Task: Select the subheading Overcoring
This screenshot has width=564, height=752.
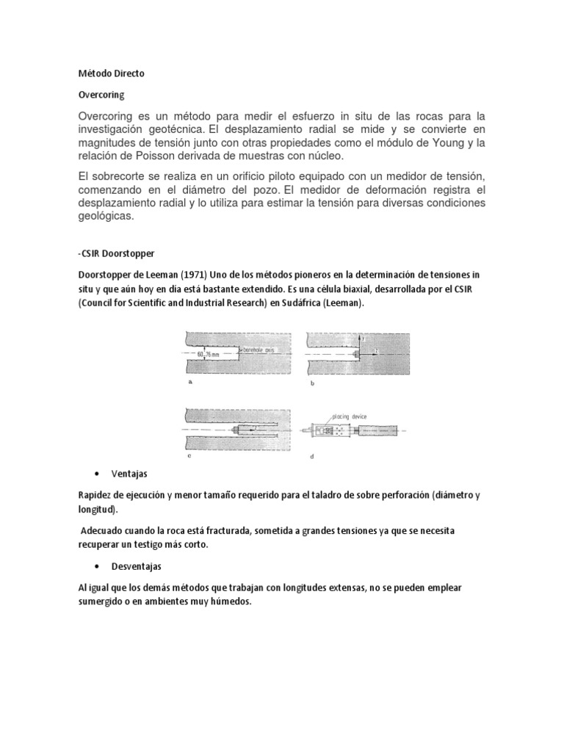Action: point(101,95)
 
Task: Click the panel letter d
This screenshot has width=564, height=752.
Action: point(312,456)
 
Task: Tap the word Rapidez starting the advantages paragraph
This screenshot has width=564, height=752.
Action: point(96,496)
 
